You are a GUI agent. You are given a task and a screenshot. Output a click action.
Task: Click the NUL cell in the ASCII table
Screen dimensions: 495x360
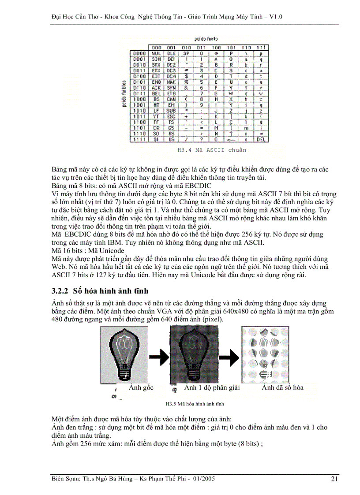[x=156, y=53]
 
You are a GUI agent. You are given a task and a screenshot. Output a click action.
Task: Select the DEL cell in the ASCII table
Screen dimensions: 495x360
[x=261, y=139]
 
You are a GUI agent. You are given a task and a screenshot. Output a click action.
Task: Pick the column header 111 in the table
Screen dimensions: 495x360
[x=261, y=47]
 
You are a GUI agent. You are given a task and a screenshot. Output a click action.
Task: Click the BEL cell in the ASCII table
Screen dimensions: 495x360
[x=156, y=93]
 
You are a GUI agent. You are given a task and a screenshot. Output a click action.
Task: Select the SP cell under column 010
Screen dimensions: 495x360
[x=187, y=53]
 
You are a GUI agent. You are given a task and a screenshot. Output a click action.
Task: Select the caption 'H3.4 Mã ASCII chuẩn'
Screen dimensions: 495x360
[x=212, y=150]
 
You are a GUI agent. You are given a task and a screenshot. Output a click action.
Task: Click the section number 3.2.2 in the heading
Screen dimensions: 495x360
[x=61, y=291]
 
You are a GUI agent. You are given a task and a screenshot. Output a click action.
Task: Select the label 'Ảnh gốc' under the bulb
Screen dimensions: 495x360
[x=141, y=388]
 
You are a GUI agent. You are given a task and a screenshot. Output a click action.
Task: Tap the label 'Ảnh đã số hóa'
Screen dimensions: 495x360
[x=282, y=388]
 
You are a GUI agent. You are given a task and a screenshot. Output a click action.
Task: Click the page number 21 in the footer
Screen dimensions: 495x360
[x=335, y=479]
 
